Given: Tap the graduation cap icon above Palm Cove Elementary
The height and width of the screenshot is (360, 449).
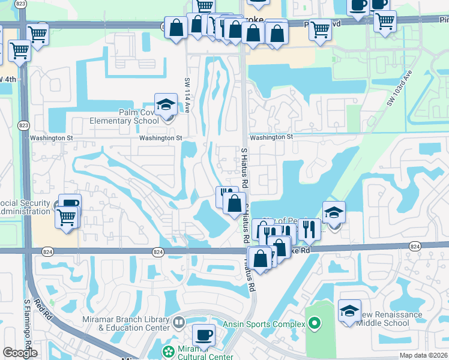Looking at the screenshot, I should pos(166,104).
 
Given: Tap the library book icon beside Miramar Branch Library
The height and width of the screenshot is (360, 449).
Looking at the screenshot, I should pos(178,323).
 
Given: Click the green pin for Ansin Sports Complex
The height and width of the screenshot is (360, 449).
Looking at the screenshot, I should pos(314,325).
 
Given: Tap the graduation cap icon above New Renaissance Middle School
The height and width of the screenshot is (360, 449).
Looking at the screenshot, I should pos(349,311).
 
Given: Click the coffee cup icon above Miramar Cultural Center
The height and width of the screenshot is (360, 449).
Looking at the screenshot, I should pos(203,334).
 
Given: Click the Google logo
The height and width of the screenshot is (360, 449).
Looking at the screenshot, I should pos(19,353).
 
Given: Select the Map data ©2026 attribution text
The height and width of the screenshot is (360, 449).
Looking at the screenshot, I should pos(424,355).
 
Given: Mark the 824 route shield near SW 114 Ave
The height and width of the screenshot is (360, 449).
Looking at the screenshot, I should pos(158,252).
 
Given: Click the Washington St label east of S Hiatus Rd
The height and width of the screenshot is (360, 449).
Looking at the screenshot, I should pos(271,137).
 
